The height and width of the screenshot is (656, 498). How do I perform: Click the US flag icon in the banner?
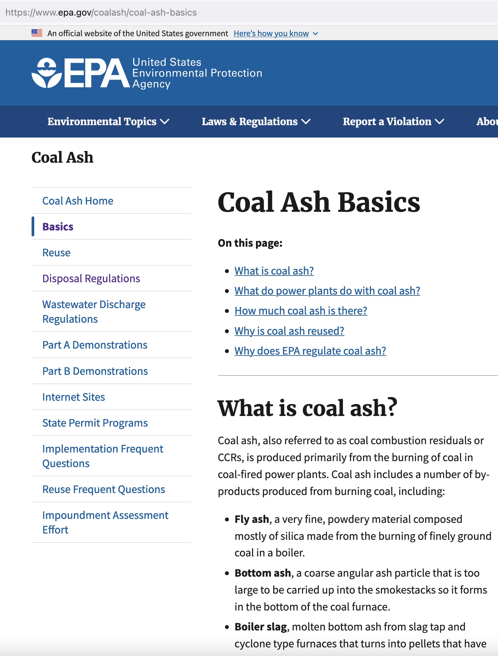[37, 33]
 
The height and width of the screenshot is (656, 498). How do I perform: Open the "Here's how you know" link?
[271, 34]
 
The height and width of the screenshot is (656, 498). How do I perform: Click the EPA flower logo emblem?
[47, 73]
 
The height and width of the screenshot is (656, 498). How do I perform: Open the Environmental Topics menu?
[108, 122]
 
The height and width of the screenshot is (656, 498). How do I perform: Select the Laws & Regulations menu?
[256, 122]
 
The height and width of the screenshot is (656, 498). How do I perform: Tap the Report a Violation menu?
[393, 122]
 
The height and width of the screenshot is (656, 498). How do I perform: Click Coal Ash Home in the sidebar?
[78, 201]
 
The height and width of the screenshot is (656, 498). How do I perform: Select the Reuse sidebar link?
[57, 253]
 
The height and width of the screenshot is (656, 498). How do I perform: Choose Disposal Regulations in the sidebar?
[91, 279]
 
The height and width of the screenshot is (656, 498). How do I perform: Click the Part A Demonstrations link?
[95, 345]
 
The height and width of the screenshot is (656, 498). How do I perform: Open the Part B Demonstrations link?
[95, 371]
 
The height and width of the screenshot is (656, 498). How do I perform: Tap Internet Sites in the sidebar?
[73, 397]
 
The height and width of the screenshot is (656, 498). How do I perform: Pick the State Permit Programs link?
[95, 423]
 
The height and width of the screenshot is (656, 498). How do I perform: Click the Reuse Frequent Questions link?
[104, 489]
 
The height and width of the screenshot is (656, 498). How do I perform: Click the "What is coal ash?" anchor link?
[274, 271]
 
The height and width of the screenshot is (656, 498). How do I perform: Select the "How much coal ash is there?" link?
[301, 311]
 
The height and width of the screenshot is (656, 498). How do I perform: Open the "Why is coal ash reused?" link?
[289, 331]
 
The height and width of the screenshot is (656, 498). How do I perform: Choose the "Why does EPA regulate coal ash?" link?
[310, 351]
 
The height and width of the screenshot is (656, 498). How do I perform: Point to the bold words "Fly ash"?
[252, 519]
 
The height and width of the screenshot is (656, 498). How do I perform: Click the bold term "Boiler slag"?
[261, 627]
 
